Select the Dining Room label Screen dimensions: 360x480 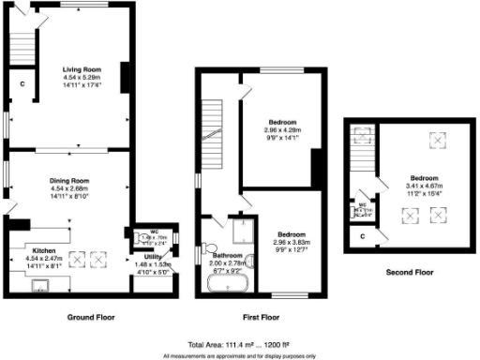pyautogui.click(x=69, y=179)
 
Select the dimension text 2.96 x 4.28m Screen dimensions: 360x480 pyautogui.click(x=282, y=129)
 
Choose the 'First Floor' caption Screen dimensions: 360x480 pyautogui.click(x=260, y=317)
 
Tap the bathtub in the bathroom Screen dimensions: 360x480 pyautogui.click(x=223, y=279)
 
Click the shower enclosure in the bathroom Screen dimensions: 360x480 pyautogui.click(x=243, y=231)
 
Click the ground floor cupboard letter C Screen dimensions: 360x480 pyautogui.click(x=22, y=84)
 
